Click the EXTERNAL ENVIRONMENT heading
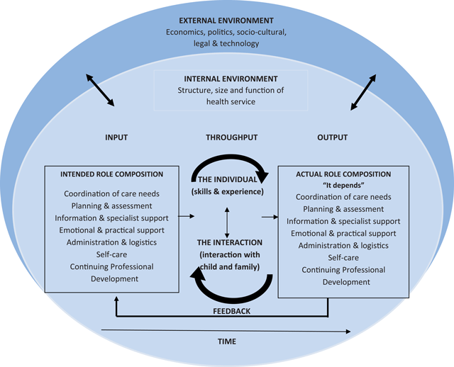(x=226, y=21)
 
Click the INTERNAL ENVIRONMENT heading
(x=226, y=79)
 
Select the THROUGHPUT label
(x=226, y=137)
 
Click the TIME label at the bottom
(x=227, y=341)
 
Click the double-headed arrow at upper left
(x=99, y=90)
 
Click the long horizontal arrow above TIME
(x=226, y=329)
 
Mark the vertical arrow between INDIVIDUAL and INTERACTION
(x=226, y=222)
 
